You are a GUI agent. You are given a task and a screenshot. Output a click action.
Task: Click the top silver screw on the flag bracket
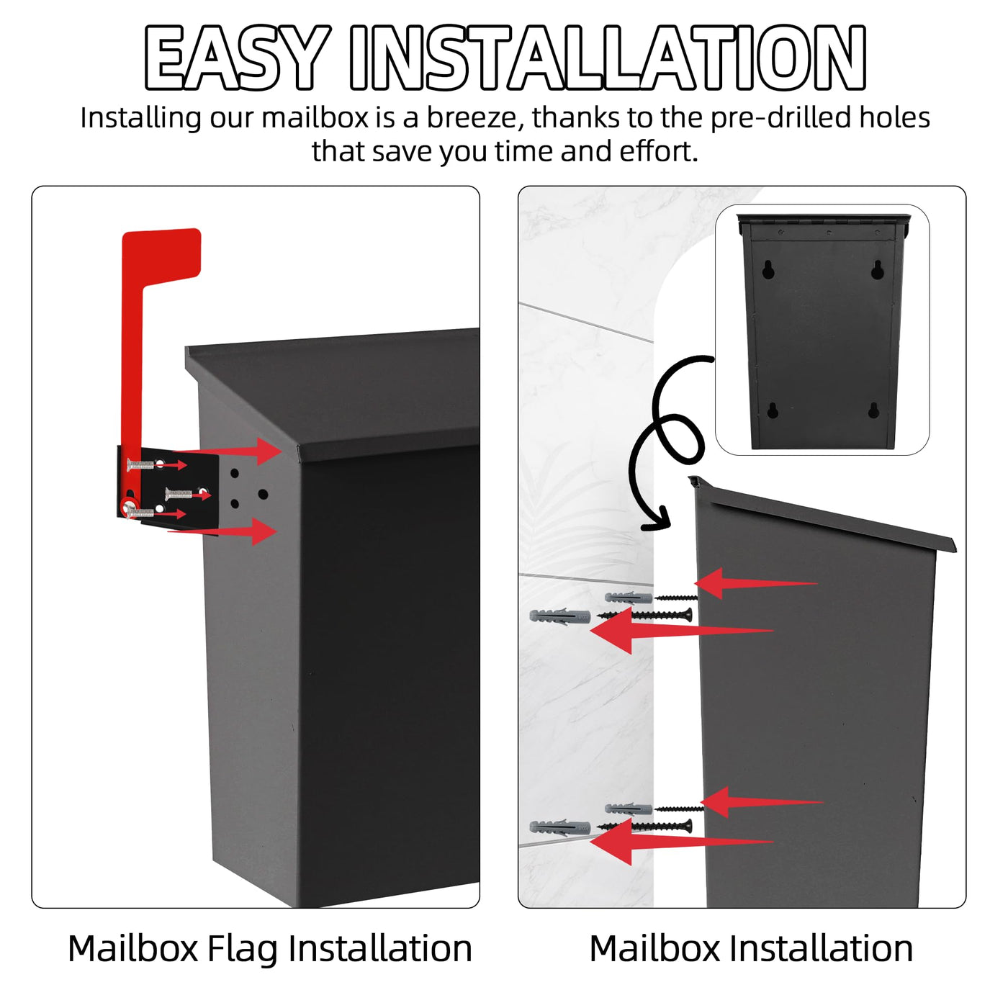[x=141, y=464]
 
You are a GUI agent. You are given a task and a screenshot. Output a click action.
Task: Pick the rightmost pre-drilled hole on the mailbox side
[x=263, y=494]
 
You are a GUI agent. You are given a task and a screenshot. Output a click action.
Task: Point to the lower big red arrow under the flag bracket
[x=222, y=531]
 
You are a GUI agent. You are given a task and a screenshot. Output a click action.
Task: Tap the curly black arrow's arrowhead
[x=658, y=519]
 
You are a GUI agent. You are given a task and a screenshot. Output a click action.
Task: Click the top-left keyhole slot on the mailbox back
[x=768, y=269]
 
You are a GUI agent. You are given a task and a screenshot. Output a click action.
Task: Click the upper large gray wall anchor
[x=559, y=616]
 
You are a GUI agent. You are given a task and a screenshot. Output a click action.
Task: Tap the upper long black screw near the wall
[x=644, y=615]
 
